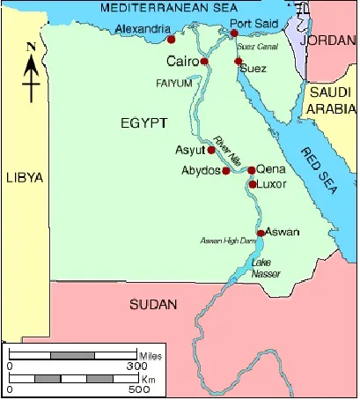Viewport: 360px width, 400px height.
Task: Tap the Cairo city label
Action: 183,62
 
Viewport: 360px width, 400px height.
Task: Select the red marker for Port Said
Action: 234,34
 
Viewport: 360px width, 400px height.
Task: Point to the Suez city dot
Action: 239,62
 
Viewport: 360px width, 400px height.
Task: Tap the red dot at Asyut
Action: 211,150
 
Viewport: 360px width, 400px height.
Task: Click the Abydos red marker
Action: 226,170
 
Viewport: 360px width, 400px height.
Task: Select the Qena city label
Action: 271,170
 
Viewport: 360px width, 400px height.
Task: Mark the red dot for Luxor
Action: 253,185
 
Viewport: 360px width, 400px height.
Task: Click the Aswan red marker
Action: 261,233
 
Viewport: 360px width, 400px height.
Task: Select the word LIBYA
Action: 23,177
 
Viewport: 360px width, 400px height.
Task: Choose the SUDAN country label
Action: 152,305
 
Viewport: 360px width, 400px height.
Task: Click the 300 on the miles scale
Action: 136,365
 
